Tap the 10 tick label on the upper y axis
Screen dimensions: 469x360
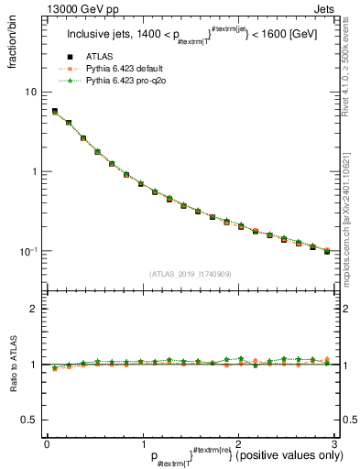click(30, 92)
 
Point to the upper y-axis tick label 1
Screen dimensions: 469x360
click(33, 171)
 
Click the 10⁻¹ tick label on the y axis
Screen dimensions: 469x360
click(28, 251)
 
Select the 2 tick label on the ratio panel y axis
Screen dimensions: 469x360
click(33, 309)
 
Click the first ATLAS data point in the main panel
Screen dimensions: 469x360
click(55, 112)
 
